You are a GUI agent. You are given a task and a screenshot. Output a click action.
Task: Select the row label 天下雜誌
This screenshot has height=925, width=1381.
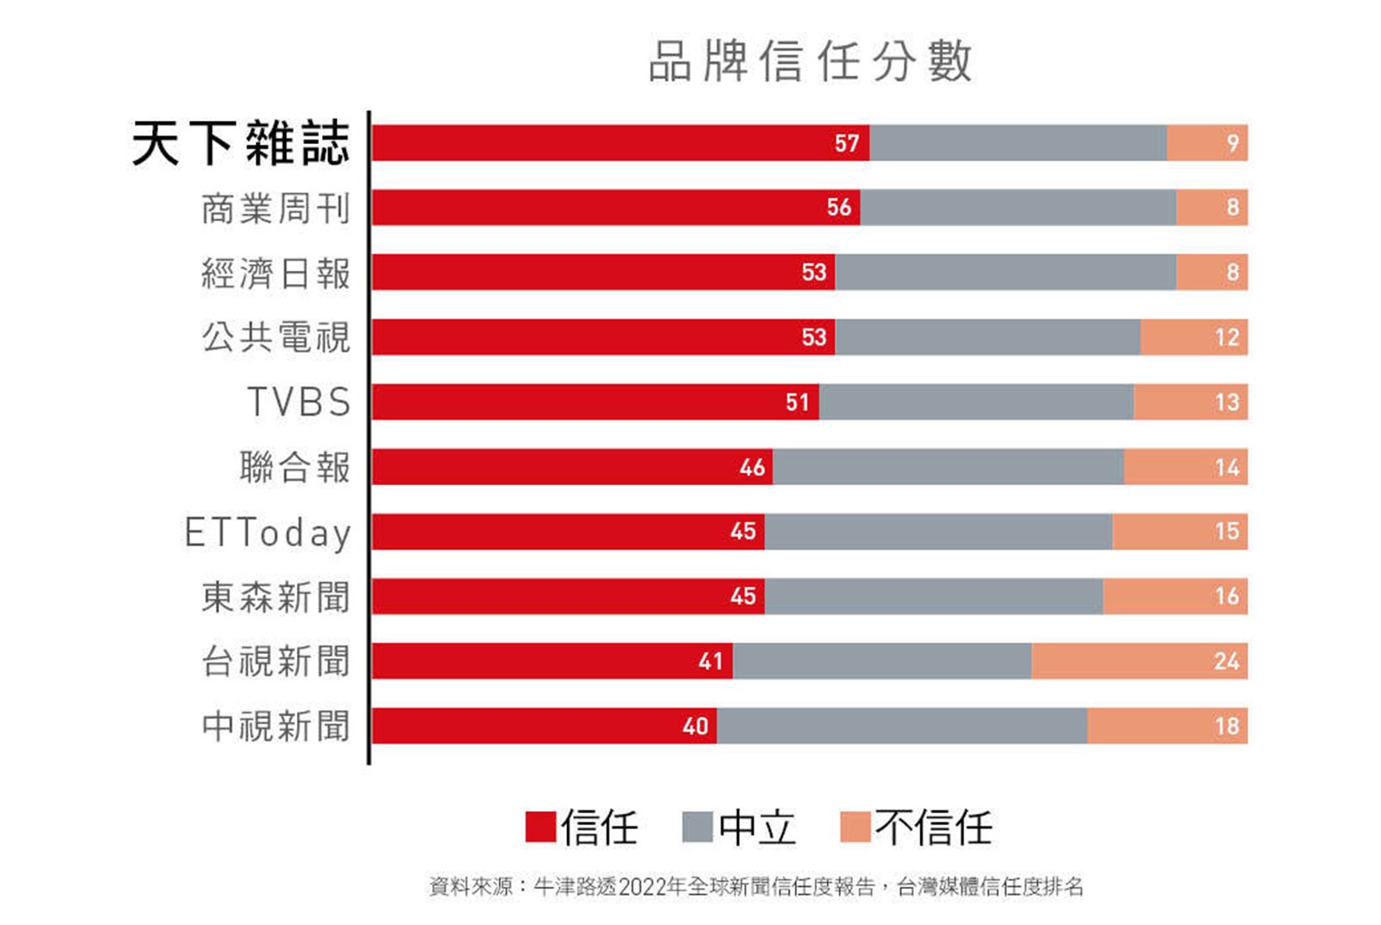coord(241,143)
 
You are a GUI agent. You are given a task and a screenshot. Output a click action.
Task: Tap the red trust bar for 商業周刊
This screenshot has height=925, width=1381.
coord(604,208)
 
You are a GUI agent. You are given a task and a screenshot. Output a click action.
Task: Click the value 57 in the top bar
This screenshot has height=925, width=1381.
coord(847,143)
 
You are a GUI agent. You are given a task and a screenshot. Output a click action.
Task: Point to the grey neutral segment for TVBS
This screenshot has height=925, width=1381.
coord(975,402)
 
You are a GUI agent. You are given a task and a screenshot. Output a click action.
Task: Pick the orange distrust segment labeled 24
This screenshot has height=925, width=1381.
coord(1139,662)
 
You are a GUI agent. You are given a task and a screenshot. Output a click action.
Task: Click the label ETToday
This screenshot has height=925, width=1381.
coord(268,532)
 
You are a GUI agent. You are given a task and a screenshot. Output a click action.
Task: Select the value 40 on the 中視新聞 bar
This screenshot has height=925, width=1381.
coord(696,727)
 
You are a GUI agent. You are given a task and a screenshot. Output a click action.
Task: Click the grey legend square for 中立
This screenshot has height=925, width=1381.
coord(697,827)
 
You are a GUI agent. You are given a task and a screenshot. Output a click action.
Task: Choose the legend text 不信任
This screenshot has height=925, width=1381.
coord(934,827)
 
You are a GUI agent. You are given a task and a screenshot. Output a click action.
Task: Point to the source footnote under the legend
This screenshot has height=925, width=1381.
coord(756,886)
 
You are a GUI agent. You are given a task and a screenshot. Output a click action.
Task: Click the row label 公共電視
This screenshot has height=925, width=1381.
coord(276,337)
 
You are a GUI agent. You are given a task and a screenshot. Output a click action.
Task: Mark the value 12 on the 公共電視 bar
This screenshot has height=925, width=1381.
coord(1227,337)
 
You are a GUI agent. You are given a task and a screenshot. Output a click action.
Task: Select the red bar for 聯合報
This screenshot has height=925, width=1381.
coord(561,467)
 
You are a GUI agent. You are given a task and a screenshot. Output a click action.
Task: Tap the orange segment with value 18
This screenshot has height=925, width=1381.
coord(1167,727)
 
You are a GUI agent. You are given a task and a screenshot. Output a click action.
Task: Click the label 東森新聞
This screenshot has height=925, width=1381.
coord(276,597)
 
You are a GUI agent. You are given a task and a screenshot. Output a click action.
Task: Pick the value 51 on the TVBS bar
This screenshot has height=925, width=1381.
coord(798,402)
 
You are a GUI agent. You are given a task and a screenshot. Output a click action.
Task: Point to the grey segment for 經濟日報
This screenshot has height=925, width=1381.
coord(1005,273)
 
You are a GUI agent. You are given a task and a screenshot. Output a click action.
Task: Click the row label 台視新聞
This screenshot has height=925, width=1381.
coord(276,662)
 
